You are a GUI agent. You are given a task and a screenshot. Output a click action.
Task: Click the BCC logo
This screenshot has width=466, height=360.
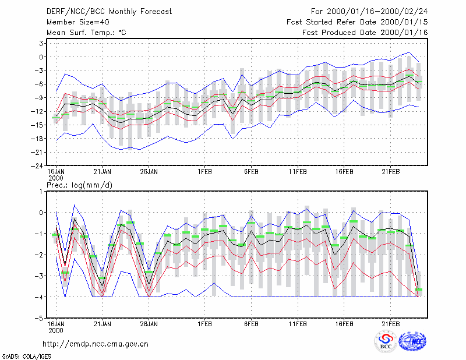386,341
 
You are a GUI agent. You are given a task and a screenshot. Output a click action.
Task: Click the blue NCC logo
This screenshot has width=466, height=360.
412,341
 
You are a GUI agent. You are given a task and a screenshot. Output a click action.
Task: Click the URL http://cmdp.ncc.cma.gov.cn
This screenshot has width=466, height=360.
96,344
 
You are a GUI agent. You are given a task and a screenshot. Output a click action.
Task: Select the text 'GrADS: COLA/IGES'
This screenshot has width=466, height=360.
26,357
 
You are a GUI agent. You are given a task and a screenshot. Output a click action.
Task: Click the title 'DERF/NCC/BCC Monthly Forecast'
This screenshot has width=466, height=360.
109,12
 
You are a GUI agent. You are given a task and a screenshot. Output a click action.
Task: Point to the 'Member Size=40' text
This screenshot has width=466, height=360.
78,22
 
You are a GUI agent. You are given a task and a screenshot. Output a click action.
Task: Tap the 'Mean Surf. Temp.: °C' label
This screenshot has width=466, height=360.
86,33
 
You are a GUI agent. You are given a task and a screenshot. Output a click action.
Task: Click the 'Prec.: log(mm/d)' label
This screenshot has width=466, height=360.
79,185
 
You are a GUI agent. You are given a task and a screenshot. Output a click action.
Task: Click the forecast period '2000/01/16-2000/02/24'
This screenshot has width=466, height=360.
377,12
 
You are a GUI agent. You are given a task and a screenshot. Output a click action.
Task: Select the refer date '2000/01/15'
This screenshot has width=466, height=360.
404,22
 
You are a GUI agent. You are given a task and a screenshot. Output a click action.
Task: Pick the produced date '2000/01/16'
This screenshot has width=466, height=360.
404,33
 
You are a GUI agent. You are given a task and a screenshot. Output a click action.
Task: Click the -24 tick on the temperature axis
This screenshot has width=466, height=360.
37,166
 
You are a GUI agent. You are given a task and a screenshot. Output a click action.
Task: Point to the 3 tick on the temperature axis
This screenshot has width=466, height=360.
41,44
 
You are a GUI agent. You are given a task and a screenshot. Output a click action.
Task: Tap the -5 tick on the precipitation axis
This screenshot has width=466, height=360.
39,319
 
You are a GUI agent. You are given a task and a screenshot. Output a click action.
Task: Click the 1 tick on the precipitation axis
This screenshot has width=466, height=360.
41,192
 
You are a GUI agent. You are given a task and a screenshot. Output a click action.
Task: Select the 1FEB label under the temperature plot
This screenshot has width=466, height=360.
205,172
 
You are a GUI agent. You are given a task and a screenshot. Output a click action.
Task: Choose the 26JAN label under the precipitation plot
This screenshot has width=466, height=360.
149,324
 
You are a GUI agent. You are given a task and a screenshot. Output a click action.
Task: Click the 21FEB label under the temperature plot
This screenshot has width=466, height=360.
390,172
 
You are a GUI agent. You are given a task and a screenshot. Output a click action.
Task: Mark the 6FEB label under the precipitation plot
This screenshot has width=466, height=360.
251,324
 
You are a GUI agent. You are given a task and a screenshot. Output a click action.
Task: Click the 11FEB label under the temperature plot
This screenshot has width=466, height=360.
298,172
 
